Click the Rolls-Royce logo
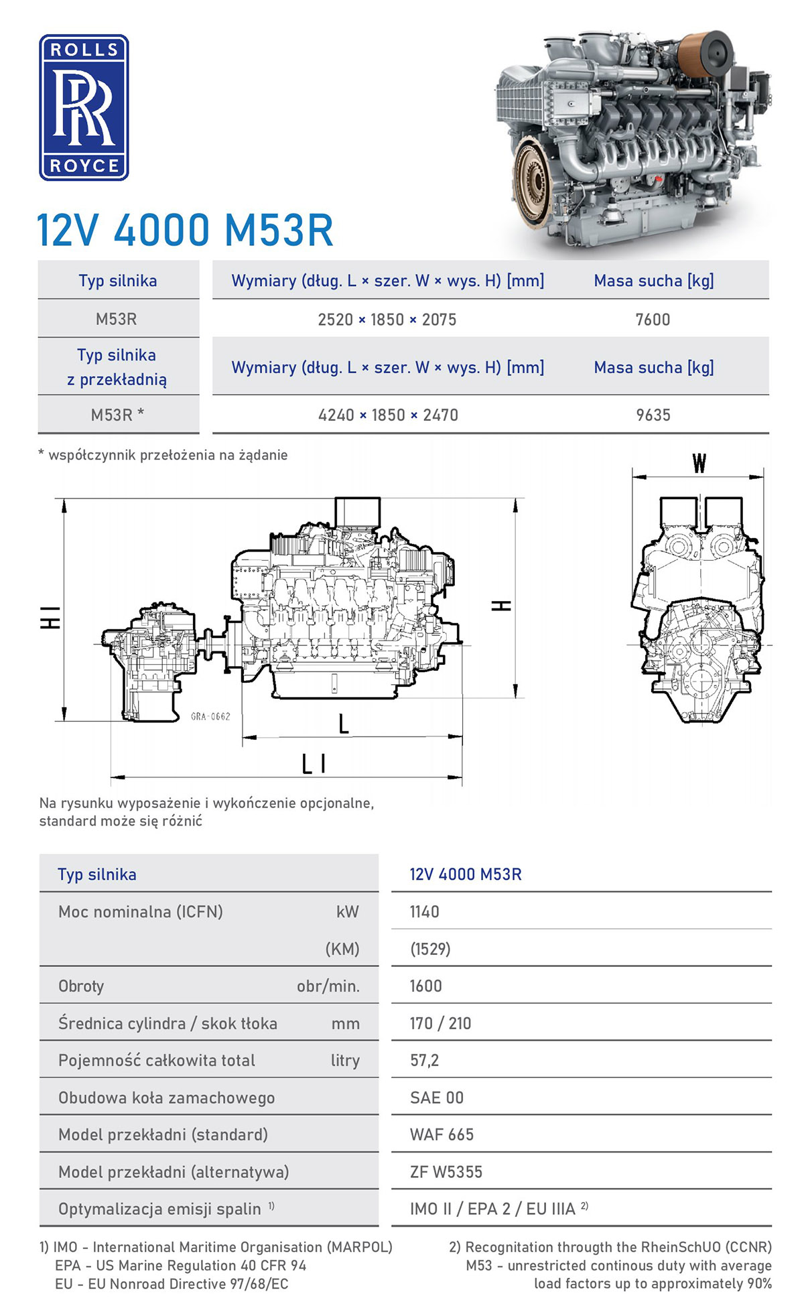click(x=84, y=107)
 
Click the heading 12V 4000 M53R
click(x=185, y=231)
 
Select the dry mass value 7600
click(x=653, y=320)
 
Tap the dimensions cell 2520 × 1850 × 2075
click(x=387, y=320)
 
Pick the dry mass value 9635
click(x=653, y=415)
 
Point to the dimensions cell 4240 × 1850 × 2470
click(x=389, y=415)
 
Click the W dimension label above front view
click(x=699, y=463)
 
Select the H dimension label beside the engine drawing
click(x=502, y=605)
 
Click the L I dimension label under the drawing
click(x=314, y=763)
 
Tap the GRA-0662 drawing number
click(x=210, y=716)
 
